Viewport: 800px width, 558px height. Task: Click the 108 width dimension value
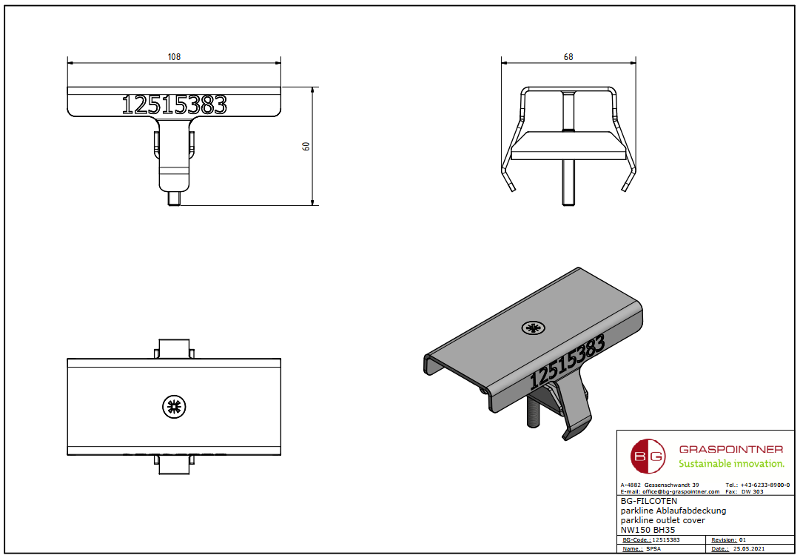pyautogui.click(x=174, y=57)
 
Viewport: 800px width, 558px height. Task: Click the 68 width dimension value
pyautogui.click(x=568, y=57)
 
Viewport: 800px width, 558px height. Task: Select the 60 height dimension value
pyautogui.click(x=306, y=146)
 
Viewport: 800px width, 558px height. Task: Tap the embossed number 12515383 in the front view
pyautogui.click(x=174, y=105)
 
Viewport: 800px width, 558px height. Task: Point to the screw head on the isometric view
pyautogui.click(x=532, y=328)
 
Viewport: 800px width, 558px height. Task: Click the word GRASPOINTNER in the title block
pyautogui.click(x=730, y=449)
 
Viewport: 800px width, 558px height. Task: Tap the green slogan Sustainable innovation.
pyautogui.click(x=731, y=464)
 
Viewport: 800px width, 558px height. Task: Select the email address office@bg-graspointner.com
pyautogui.click(x=680, y=492)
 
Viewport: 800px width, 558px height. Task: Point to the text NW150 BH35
pyautogui.click(x=648, y=529)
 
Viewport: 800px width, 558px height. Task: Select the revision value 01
pyautogui.click(x=744, y=540)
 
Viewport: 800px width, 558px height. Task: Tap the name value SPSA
pyautogui.click(x=654, y=549)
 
